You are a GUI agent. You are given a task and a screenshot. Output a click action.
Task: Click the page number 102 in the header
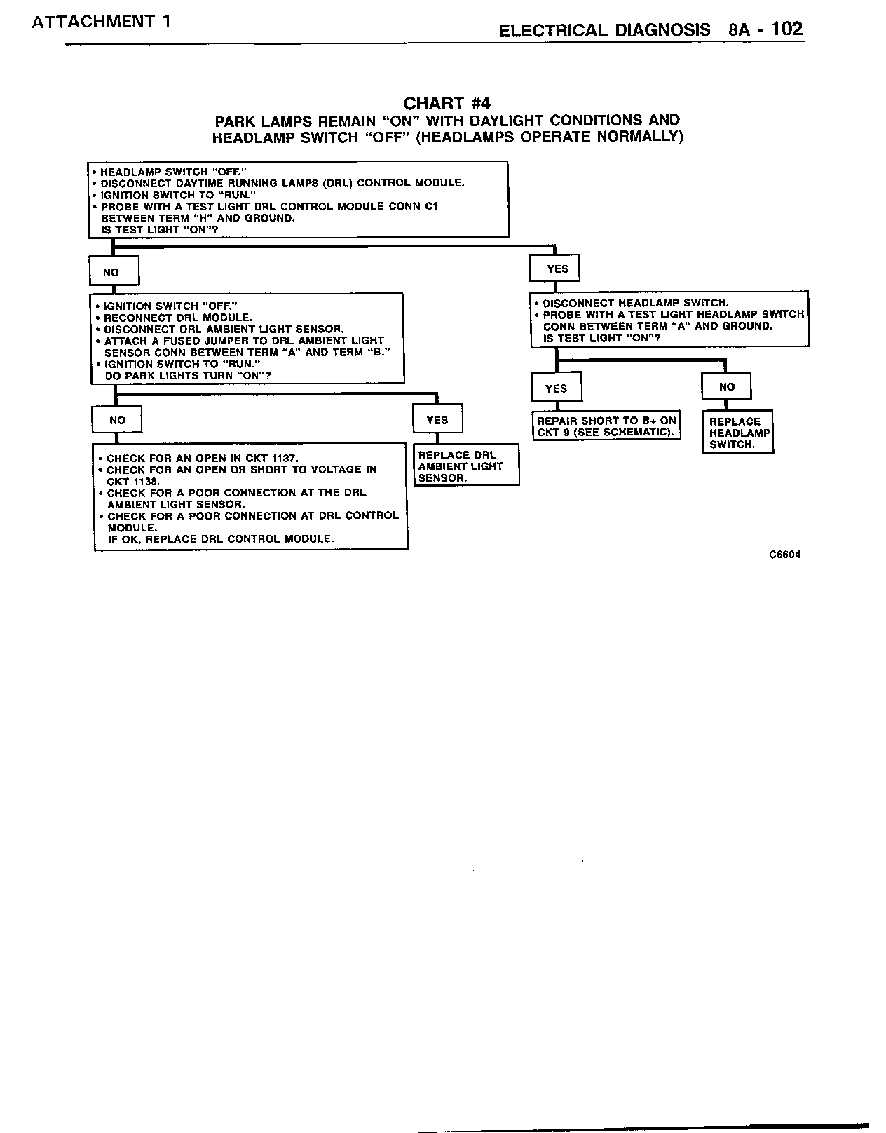[786, 29]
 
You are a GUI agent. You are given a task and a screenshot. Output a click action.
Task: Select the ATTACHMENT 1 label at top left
[101, 21]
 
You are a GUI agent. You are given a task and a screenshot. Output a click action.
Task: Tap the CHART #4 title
[447, 104]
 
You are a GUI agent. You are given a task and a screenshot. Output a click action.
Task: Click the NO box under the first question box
[114, 272]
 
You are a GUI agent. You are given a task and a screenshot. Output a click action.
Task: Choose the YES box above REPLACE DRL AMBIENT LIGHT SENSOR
[437, 420]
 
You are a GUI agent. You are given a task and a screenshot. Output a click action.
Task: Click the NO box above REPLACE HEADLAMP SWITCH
[726, 386]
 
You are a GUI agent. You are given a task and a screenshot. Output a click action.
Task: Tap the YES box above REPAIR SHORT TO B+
[556, 388]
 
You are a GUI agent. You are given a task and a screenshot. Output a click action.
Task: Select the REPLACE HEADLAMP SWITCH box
[737, 433]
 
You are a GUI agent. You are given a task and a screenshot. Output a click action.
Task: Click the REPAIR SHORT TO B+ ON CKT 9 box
[606, 426]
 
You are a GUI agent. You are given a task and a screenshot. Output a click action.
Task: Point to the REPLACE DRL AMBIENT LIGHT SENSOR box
[465, 466]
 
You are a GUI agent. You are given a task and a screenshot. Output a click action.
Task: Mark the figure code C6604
[784, 555]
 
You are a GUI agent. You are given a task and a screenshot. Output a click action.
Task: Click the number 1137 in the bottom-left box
[283, 459]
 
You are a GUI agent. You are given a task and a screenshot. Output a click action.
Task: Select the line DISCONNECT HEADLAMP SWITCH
[635, 303]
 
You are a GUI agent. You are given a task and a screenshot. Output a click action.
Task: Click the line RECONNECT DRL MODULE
[177, 318]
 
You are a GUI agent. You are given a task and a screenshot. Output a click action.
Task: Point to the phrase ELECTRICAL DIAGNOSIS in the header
[604, 30]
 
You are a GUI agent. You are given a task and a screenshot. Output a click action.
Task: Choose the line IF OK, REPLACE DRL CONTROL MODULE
[220, 539]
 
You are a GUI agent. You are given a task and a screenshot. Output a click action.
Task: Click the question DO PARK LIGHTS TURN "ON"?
[187, 376]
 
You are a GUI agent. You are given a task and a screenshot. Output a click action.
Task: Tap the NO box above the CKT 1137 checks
[117, 420]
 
